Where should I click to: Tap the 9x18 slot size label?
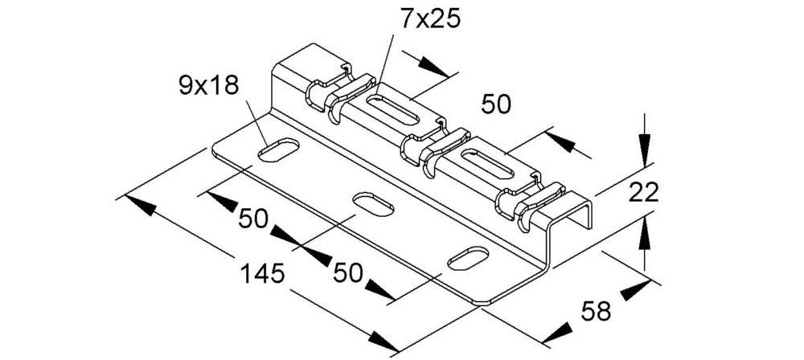pyautogui.click(x=210, y=84)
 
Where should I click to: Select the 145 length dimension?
pyautogui.click(x=263, y=273)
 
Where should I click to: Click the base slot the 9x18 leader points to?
pyautogui.click(x=277, y=149)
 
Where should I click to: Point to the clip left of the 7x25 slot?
pyautogui.click(x=338, y=92)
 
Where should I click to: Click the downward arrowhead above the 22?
pyautogui.click(x=643, y=149)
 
